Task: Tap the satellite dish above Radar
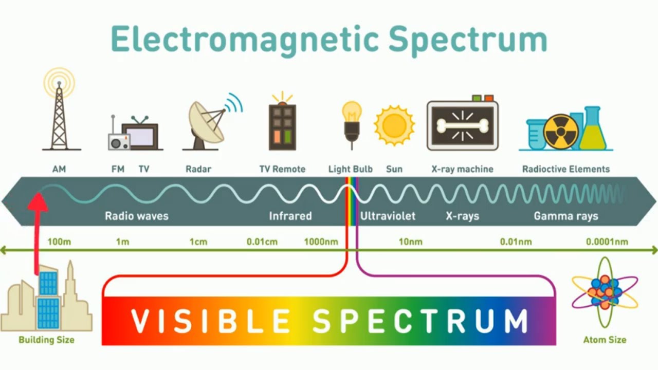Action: coord(207,122)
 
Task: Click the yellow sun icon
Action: coord(394,125)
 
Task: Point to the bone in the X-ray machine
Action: coord(462,125)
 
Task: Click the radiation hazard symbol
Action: coord(561,132)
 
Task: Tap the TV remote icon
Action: coord(282,126)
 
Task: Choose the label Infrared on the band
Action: coord(290,216)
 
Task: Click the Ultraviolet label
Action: coord(388,216)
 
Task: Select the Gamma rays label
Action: coord(566,216)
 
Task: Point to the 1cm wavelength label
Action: coord(198,242)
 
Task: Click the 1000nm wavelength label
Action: coord(321,242)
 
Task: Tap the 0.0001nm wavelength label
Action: coord(607,242)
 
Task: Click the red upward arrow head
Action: coord(38,201)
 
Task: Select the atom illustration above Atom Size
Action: coord(605,292)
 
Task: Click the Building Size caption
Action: coord(46,340)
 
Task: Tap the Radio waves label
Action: coord(136,216)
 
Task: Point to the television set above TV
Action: coord(140,136)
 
